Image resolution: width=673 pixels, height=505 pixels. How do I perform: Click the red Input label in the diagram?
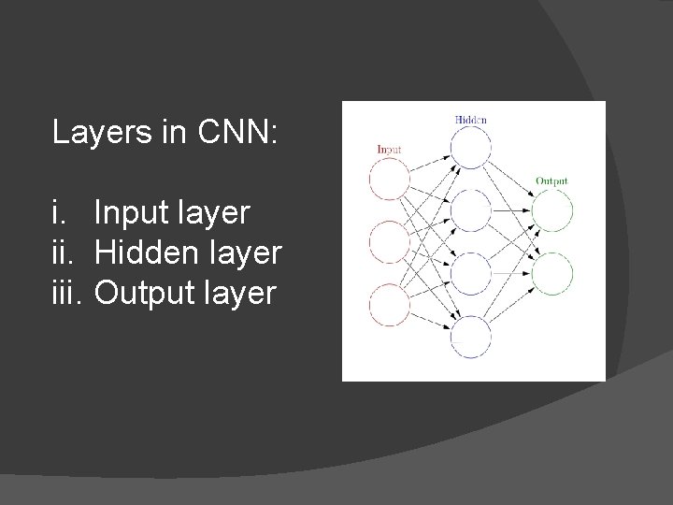[388, 150]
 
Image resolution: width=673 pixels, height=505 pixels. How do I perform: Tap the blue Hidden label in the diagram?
[470, 120]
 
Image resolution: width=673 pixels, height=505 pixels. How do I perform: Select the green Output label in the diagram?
[551, 180]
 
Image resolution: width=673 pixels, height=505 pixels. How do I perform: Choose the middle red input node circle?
[390, 242]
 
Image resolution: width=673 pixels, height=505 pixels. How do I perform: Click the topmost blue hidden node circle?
[470, 148]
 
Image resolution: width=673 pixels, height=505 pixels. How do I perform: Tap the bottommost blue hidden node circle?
[470, 337]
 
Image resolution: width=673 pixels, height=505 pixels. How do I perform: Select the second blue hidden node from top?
[470, 210]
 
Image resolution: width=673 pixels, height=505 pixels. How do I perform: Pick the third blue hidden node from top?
[470, 273]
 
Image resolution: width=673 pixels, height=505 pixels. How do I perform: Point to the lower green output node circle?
[551, 273]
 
